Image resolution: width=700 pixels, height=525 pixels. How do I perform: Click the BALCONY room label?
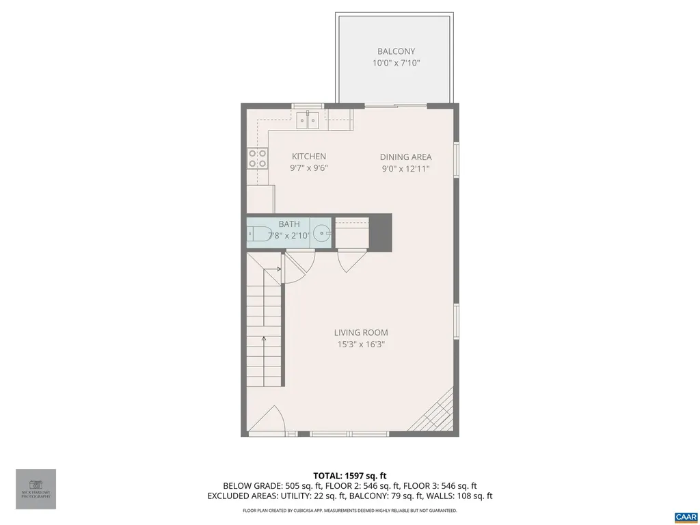396,51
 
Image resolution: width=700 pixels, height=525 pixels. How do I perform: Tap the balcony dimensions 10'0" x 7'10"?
396,63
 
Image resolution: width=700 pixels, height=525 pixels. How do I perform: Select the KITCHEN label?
309,157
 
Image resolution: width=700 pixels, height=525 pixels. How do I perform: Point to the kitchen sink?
309,122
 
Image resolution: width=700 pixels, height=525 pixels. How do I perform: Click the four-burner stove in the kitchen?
257,159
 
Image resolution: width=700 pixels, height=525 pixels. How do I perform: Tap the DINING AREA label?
406,157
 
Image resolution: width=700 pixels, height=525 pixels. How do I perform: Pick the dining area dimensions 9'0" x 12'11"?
406,168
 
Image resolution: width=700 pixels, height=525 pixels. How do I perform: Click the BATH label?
288,224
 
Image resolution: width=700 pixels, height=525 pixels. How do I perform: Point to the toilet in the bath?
257,232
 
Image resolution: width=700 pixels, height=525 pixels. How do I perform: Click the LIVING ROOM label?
361,333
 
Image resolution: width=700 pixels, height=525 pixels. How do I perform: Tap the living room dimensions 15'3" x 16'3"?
361,345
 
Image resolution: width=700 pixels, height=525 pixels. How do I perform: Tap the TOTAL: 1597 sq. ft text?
350,476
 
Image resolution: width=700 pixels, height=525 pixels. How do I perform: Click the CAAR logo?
685,515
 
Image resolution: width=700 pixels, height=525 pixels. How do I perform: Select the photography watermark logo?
36,489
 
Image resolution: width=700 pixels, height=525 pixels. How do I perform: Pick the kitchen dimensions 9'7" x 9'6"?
309,168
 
